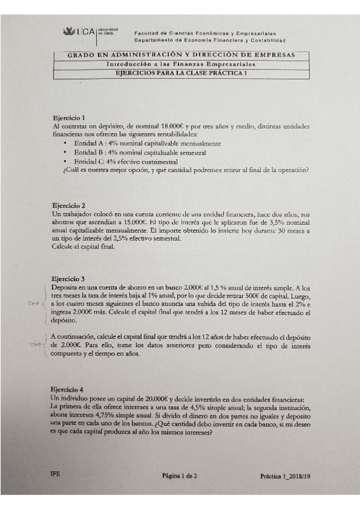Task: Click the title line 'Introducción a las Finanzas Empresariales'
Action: click(181, 64)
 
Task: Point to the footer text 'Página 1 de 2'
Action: click(183, 475)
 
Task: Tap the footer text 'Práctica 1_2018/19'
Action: click(283, 475)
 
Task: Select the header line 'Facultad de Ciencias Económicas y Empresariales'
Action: click(205, 33)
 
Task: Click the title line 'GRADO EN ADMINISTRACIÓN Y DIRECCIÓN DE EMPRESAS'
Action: click(181, 55)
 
